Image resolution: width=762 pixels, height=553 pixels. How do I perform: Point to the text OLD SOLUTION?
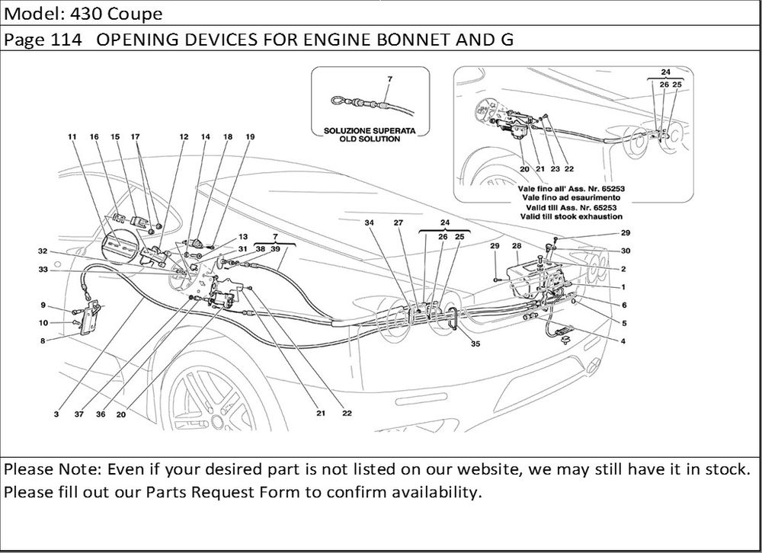[369, 139]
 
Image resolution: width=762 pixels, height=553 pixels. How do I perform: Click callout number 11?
[72, 137]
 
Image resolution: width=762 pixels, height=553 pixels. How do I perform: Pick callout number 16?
[94, 137]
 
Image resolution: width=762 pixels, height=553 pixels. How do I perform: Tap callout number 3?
[56, 414]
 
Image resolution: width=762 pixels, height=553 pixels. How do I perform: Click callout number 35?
[475, 344]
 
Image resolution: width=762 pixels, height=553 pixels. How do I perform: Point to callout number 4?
[623, 340]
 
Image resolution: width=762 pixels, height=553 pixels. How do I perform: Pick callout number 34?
[369, 223]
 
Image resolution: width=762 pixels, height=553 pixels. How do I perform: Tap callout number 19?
[249, 137]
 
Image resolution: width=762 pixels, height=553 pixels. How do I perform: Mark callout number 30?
[625, 251]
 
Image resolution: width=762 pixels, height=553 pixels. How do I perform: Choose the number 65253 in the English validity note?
[599, 207]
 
